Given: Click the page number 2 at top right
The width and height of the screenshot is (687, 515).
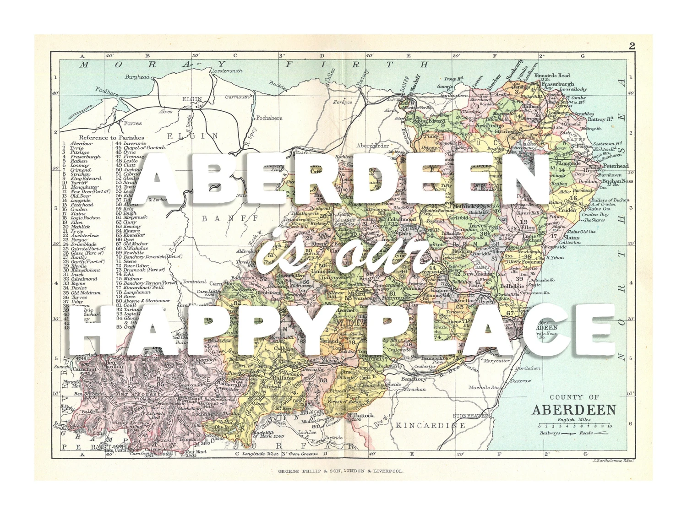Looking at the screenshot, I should tap(632, 46).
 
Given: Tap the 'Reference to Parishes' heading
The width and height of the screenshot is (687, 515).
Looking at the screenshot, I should tap(111, 137).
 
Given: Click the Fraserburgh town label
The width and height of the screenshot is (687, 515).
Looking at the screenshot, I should tap(557, 84).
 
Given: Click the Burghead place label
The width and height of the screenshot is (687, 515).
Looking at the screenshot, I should tap(137, 77).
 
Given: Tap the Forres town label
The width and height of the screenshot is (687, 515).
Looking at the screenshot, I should tap(133, 123).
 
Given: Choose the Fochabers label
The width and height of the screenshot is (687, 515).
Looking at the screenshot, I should tap(269, 118).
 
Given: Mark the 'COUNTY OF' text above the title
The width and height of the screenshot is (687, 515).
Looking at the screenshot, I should tap(573, 397).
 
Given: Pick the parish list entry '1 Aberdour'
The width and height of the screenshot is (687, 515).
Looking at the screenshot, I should tap(81, 144).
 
